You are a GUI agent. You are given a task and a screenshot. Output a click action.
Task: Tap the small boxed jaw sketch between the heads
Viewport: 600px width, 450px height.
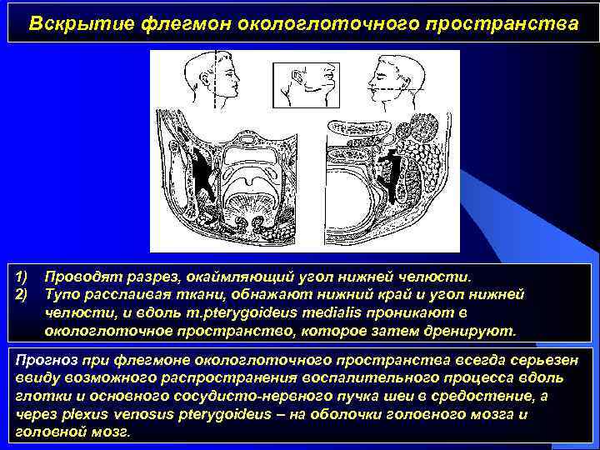coord(306,83)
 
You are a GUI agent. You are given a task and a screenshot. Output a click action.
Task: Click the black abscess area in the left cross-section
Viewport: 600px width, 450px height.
coord(202,176)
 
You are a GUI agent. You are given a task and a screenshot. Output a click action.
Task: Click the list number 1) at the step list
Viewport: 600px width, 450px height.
coord(23,276)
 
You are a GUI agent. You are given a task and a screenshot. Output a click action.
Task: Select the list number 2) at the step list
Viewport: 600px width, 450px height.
coord(23,294)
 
